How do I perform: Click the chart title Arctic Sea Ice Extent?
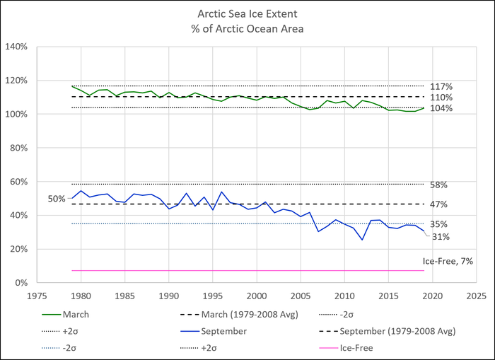[247, 13]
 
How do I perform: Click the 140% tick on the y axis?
[18, 47]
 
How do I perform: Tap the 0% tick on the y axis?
[21, 283]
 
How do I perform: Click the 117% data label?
[439, 86]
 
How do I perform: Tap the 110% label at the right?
[439, 98]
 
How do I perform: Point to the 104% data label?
[439, 109]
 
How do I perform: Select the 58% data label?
[438, 185]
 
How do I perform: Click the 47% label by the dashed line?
[438, 204]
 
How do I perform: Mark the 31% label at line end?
[441, 238]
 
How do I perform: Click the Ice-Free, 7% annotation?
[447, 262]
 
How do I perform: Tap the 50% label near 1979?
[57, 199]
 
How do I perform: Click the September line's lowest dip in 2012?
[362, 240]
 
